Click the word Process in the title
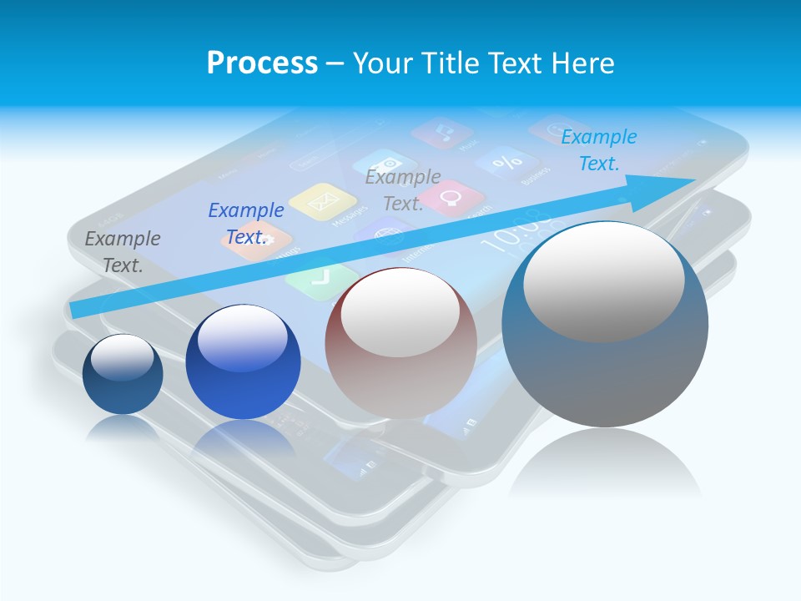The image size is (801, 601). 262,63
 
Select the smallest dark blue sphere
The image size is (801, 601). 123,375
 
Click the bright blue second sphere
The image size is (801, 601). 243,363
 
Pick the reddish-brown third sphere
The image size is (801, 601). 400,343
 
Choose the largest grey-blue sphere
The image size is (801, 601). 605,325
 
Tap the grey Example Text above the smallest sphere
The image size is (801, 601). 123,252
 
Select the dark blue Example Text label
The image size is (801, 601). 246,224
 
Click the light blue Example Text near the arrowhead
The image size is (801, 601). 599,150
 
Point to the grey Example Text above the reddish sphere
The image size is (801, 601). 403,190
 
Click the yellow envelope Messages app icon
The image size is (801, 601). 323,201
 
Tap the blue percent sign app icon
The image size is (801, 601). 506,162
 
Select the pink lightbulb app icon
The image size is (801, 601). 452,198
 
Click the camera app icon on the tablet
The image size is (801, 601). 385,164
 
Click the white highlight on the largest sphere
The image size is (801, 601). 603,280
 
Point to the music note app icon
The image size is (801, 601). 442,132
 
